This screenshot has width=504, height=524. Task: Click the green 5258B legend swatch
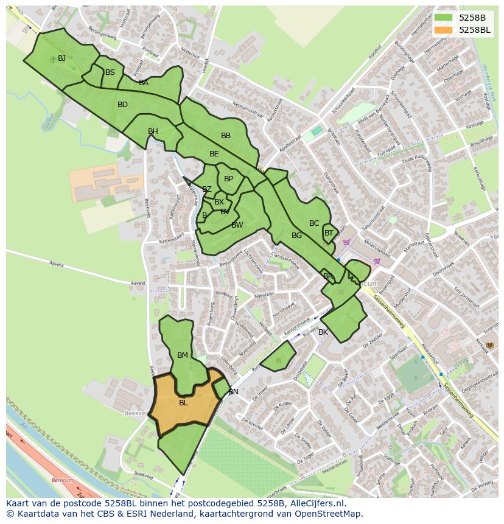pyautogui.click(x=443, y=18)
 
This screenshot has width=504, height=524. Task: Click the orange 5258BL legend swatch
pyautogui.click(x=443, y=30)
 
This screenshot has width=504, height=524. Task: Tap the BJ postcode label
pyautogui.click(x=61, y=58)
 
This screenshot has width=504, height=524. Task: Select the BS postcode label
pyautogui.click(x=110, y=72)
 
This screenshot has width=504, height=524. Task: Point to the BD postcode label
pyautogui.click(x=122, y=105)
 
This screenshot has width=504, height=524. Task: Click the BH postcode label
pyautogui.click(x=153, y=131)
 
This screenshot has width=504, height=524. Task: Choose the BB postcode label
pyautogui.click(x=226, y=136)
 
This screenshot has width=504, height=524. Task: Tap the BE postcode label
pyautogui.click(x=214, y=154)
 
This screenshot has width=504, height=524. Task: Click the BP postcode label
pyautogui.click(x=228, y=179)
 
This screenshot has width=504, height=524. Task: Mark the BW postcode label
pyautogui.click(x=237, y=225)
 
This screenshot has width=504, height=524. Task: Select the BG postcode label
pyautogui.click(x=296, y=236)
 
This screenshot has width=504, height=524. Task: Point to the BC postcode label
pyautogui.click(x=314, y=223)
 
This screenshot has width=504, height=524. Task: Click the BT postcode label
pyautogui.click(x=329, y=233)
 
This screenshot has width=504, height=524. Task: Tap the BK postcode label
pyautogui.click(x=323, y=332)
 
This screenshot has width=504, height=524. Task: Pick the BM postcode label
pyautogui.click(x=183, y=355)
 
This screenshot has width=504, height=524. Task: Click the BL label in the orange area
pyautogui.click(x=183, y=403)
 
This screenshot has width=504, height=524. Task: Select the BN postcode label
pyautogui.click(x=233, y=392)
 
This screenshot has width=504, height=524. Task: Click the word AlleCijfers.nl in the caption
pyautogui.click(x=315, y=504)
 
